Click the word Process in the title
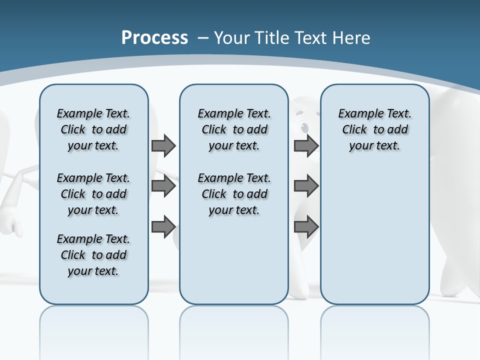[x=154, y=38]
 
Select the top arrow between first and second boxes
[x=163, y=146]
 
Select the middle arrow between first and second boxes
[x=163, y=186]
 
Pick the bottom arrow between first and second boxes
[x=163, y=227]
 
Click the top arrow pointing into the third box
[x=306, y=146]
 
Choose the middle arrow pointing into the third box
[x=306, y=186]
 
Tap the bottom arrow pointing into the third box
[x=306, y=227]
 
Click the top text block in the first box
[x=93, y=129]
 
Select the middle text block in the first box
[x=93, y=194]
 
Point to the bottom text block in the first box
[x=93, y=255]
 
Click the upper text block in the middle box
[x=234, y=129]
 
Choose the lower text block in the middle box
[x=234, y=194]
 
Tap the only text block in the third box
[x=374, y=129]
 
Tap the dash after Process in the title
[x=203, y=38]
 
